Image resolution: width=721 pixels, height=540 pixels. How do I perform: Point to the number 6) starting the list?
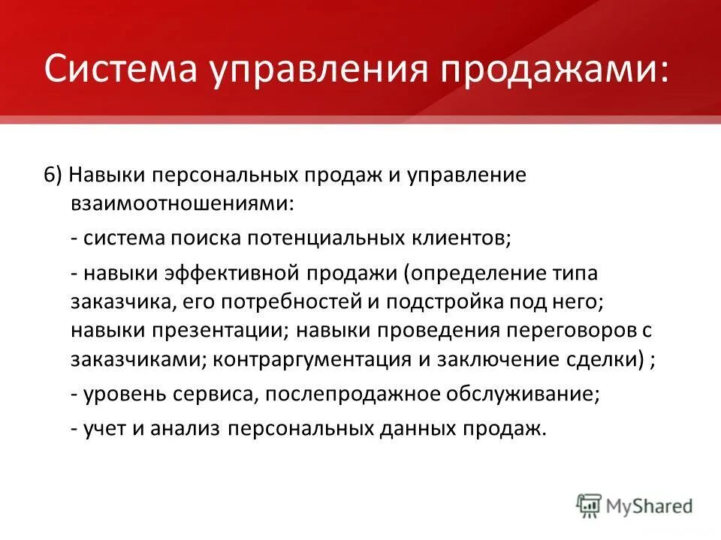[x=53, y=174]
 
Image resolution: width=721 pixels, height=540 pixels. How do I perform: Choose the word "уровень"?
[x=121, y=394]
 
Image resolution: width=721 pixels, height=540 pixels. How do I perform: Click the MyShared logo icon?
[x=590, y=505]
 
